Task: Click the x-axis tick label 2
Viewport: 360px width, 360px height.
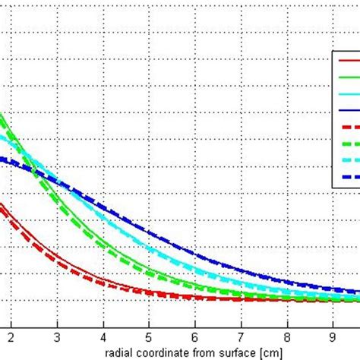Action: [11, 333]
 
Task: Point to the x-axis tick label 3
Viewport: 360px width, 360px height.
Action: [56, 333]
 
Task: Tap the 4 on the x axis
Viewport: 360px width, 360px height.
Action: [103, 333]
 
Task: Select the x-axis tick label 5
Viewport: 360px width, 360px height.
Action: [149, 333]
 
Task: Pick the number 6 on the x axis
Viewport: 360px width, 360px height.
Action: [195, 333]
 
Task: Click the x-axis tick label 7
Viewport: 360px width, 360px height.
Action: [242, 333]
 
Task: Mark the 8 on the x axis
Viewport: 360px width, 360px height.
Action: [288, 333]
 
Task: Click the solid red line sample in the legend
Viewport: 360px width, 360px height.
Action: [349, 60]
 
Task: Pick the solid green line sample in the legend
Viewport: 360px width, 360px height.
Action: [349, 77]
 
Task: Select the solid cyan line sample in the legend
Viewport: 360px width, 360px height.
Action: [349, 93]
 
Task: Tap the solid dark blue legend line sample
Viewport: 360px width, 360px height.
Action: [349, 110]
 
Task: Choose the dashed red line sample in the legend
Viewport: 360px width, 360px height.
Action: [349, 127]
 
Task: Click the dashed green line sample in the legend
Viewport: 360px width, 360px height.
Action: [349, 144]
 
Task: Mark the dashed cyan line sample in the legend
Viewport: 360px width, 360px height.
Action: [349, 160]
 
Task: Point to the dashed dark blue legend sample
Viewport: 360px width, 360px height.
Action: [349, 177]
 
